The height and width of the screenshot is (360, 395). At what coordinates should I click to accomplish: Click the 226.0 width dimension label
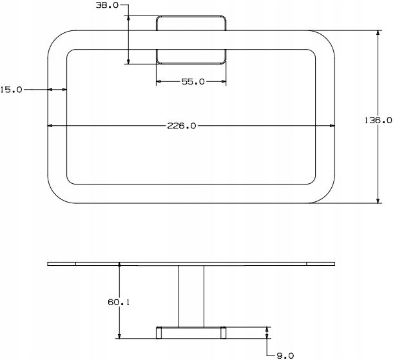coord(181,126)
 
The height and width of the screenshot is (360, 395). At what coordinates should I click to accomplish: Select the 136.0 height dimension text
coord(378,121)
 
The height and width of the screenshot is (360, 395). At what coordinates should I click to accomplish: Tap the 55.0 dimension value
coord(193,81)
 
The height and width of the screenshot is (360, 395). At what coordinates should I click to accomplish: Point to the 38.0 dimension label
coord(107,5)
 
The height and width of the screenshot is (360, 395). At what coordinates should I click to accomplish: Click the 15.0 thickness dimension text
coord(11,89)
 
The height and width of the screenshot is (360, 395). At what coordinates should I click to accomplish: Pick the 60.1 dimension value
coord(119,302)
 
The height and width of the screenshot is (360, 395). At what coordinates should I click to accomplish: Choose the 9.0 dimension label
coord(285,355)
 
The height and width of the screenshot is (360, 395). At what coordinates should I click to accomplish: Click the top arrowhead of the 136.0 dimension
coord(378,33)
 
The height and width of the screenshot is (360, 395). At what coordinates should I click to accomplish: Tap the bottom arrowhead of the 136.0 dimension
coord(378,200)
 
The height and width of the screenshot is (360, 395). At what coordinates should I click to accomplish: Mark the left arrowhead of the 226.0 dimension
coord(50,126)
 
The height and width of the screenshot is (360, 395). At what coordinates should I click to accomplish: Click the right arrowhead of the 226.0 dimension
coord(332,126)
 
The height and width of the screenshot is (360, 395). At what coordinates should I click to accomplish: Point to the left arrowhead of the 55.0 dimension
coord(159,81)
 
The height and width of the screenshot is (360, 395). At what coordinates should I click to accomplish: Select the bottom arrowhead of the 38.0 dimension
coord(128,61)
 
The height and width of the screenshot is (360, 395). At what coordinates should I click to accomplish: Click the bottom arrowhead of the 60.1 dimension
coord(119,335)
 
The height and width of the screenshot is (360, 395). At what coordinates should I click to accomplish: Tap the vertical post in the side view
coord(191,296)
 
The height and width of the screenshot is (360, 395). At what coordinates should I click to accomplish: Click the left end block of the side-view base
coord(159,333)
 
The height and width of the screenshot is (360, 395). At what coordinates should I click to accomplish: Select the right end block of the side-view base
coord(223,333)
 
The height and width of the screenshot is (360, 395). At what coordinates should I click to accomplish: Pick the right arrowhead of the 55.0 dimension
coord(224,81)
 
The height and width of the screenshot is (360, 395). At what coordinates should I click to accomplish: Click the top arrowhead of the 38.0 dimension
coord(128,19)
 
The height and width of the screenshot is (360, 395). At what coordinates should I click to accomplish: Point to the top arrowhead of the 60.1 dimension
coord(119,265)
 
